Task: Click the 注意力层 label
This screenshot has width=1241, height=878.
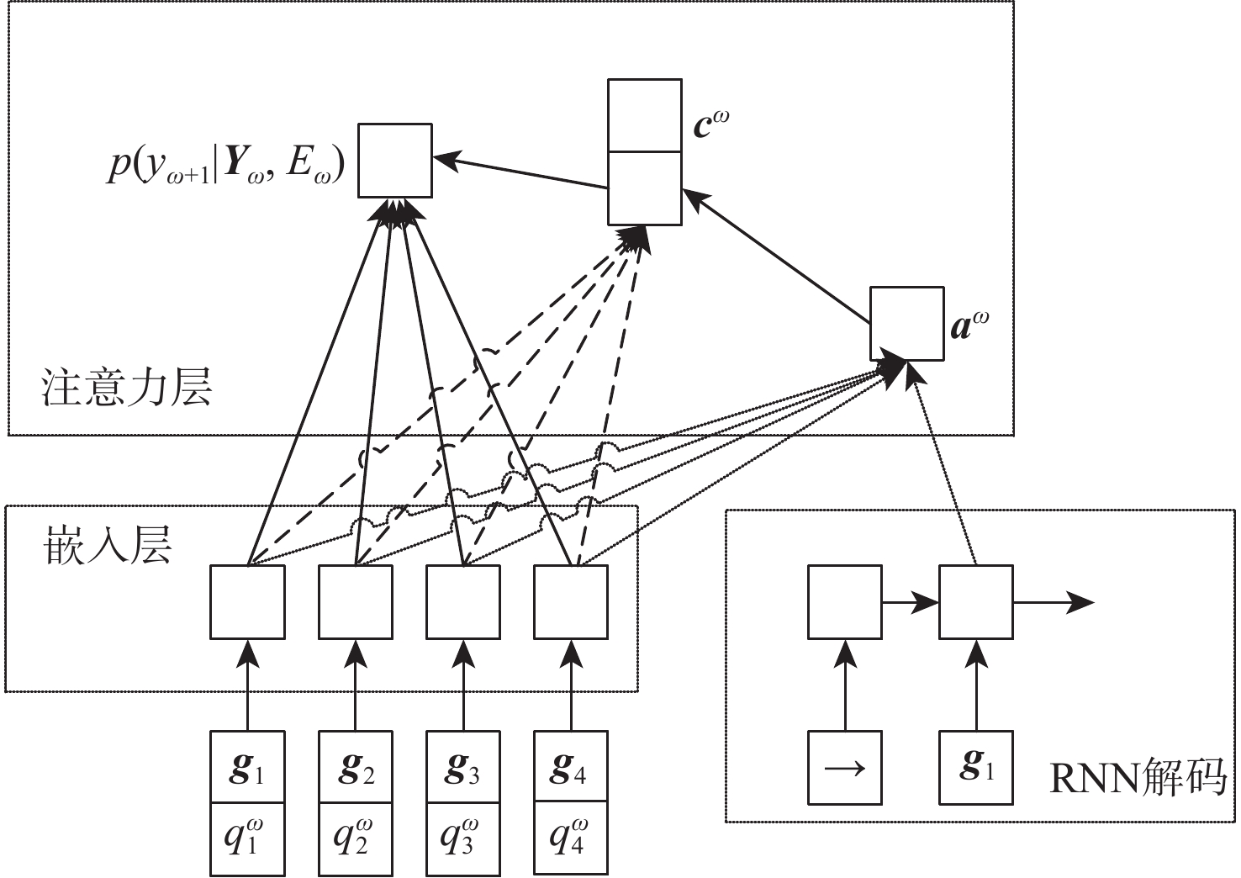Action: (x=126, y=389)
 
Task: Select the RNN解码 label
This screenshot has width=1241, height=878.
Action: (x=1138, y=780)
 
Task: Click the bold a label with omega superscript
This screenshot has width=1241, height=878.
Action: (x=969, y=325)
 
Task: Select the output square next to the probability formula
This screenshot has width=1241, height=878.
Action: (x=395, y=161)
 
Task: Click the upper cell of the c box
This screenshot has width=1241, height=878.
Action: (x=645, y=116)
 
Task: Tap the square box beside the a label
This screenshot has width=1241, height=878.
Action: (x=906, y=324)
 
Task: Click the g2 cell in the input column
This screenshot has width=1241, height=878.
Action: (x=355, y=768)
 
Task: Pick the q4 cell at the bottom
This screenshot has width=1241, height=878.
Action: (x=571, y=838)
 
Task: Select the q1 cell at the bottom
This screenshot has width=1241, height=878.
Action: (x=247, y=838)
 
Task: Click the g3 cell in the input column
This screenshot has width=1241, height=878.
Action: (x=463, y=768)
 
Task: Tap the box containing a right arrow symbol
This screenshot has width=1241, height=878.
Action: (x=845, y=768)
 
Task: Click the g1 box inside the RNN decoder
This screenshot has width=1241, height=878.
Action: (x=976, y=768)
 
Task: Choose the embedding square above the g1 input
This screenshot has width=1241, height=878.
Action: (x=247, y=601)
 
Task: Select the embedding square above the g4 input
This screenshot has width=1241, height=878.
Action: (x=571, y=601)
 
